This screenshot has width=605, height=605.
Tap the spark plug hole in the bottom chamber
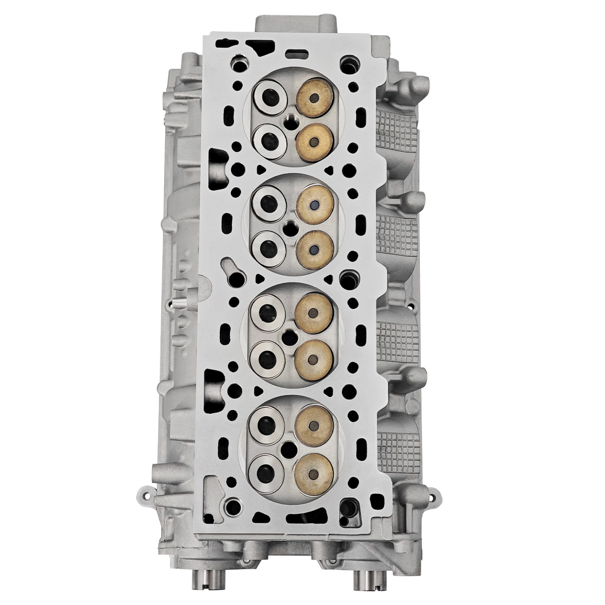point(288,449)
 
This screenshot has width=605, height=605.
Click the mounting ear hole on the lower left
point(145,495)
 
